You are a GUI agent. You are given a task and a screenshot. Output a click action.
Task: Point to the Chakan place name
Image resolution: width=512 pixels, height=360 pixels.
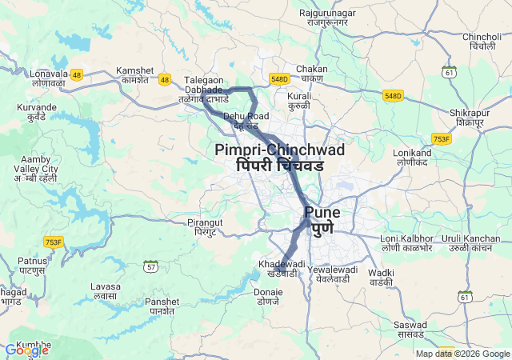[311, 74]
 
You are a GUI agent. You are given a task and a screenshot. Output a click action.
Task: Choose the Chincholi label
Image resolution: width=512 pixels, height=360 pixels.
[482, 42]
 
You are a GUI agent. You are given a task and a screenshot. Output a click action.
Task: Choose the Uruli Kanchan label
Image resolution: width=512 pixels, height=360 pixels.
[472, 244]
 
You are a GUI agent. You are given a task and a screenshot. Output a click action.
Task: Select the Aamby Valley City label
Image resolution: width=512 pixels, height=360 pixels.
[39, 170]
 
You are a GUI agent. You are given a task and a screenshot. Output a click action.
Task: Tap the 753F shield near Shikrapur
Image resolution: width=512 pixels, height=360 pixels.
[441, 138]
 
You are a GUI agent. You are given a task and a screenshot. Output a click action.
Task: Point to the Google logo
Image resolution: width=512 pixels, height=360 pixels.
[26, 350]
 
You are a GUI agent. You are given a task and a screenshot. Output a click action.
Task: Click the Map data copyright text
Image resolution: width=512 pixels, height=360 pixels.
[462, 354]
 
